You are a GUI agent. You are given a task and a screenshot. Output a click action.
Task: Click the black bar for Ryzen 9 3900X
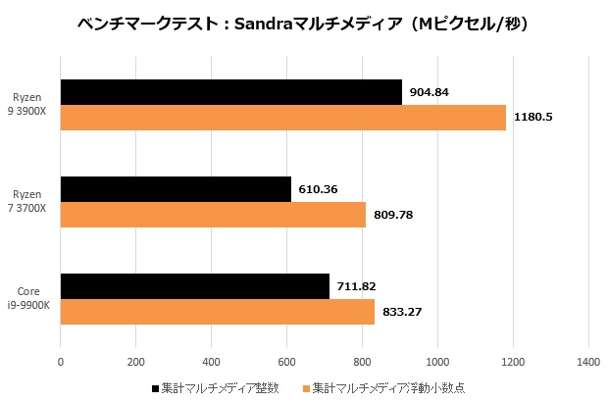click(231, 92)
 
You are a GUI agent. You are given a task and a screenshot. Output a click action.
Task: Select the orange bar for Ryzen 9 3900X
click(283, 118)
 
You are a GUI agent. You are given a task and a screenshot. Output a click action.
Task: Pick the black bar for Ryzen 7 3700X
click(176, 189)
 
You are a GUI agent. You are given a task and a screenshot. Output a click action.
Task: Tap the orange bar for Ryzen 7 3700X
click(213, 215)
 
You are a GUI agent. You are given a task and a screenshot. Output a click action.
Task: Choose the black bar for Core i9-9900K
click(195, 286)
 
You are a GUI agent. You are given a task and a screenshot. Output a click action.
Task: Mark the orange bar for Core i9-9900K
click(218, 312)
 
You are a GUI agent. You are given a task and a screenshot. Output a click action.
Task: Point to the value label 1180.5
click(534, 118)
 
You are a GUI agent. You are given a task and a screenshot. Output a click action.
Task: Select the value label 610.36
click(320, 189)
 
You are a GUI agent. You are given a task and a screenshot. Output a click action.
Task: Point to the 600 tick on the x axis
click(286, 362)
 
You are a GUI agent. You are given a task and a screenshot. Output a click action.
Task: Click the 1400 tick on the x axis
click(588, 362)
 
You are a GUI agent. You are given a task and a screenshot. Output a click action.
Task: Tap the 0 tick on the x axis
click(61, 362)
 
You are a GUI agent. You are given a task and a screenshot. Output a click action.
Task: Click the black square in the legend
click(156, 388)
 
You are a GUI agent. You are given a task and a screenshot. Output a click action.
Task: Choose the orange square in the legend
click(306, 388)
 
